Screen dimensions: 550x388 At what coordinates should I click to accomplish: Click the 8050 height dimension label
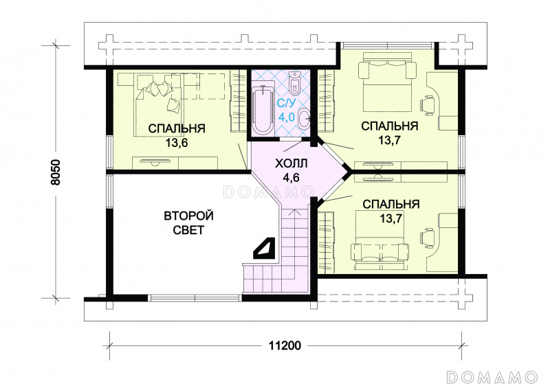pos(56,172)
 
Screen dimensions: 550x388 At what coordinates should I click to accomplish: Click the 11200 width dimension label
pos(285,345)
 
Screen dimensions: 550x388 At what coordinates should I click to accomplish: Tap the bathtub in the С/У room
pos(263,109)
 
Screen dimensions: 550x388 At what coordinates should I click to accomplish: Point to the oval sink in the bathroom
pos(303,118)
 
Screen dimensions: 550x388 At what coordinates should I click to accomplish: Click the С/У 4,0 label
pos(286,110)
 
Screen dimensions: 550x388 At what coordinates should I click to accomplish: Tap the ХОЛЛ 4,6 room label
pos(291,170)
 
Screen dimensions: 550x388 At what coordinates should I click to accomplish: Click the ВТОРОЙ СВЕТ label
pos(188,222)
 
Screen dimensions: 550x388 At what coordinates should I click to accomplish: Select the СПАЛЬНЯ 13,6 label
pos(177,135)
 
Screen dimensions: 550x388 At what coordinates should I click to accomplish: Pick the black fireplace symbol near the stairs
pos(264,249)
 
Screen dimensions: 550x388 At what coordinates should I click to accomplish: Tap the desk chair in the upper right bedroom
pos(428,104)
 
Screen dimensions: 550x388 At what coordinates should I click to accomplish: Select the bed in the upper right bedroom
pos(386,81)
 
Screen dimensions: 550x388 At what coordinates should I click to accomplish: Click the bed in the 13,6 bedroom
pos(159,104)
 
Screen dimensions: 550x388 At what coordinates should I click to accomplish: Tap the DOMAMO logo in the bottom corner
pos(492,376)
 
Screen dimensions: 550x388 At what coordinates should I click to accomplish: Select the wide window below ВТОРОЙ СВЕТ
pos(195,298)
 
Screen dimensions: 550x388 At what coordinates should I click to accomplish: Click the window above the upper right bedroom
pos(388,45)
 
